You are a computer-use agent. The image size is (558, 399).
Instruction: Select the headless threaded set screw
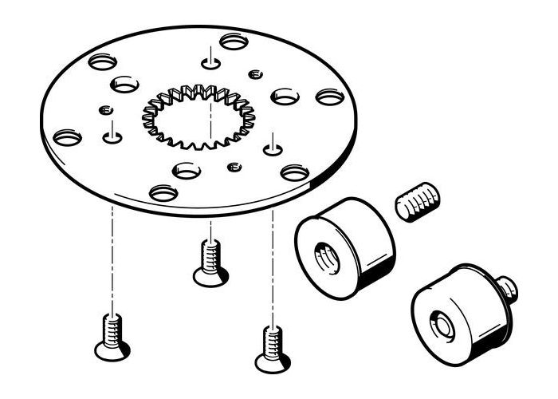419,203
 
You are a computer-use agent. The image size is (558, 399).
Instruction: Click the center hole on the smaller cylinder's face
439,325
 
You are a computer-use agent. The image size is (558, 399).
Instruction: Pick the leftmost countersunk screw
112,335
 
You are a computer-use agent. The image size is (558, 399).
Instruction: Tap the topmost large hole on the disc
234,40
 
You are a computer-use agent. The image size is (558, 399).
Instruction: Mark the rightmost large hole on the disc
330,97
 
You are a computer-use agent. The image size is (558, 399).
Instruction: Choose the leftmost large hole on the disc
68,138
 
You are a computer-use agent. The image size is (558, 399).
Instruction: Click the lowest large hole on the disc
164,192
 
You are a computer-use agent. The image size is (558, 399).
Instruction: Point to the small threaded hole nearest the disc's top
255,74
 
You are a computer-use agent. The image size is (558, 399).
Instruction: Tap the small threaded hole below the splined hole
234,167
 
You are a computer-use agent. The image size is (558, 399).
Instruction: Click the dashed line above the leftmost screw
112,255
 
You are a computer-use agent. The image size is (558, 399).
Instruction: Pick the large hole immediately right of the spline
285,97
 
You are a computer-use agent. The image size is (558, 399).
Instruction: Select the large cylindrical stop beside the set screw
345,246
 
